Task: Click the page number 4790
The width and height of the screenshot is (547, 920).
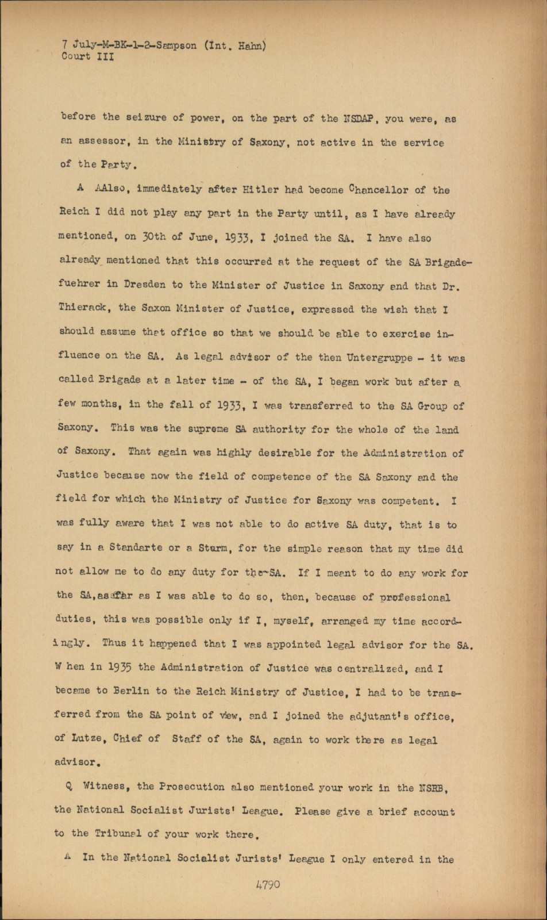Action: [268, 884]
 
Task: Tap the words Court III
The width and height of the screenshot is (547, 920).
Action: [87, 56]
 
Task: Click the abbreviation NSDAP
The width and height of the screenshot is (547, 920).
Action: [359, 119]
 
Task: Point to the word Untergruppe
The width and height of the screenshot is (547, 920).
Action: [380, 357]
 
